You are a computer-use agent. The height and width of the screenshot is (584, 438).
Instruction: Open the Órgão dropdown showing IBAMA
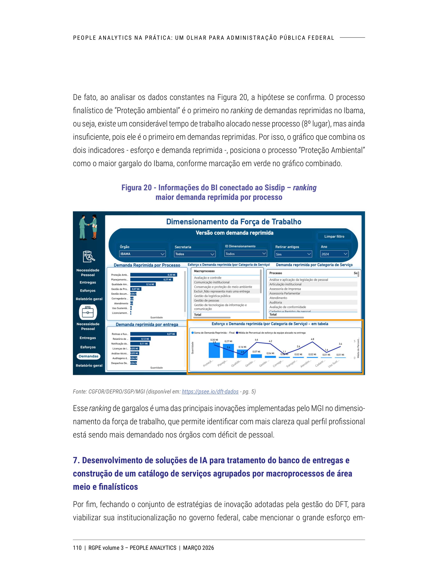point(142,254)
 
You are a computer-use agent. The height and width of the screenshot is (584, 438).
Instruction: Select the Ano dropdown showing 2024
point(334,254)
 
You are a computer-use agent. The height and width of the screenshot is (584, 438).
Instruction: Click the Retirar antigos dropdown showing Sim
point(293,254)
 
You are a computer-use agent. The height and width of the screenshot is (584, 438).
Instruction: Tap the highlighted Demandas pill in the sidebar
point(88,356)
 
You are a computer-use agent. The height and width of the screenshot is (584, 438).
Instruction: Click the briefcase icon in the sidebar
point(88,312)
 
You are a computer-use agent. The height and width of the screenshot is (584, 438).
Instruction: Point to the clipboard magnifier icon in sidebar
point(89,256)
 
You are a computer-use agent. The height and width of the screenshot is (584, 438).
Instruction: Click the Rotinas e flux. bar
point(153,334)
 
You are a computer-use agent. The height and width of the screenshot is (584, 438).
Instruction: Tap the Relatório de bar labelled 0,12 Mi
point(141,339)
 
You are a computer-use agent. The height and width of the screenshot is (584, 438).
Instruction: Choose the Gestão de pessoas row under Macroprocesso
point(206,300)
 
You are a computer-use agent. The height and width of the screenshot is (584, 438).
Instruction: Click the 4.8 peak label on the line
point(312,339)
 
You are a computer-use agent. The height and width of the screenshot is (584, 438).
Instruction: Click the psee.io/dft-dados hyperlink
point(210,392)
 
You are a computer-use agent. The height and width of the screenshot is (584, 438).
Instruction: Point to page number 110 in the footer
point(77,548)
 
